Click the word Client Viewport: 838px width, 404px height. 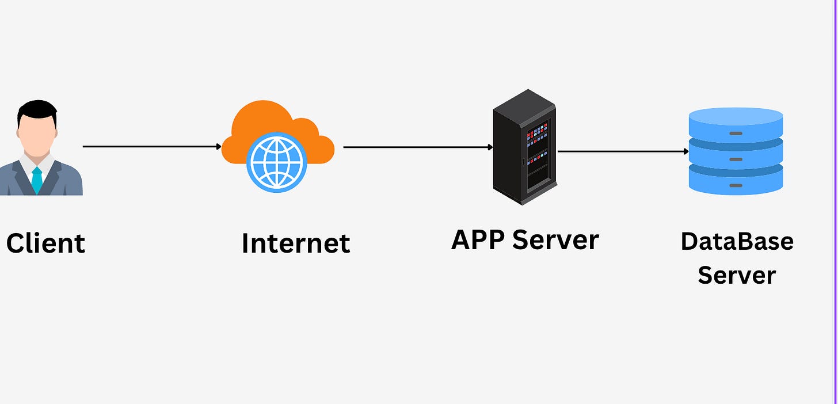(45, 243)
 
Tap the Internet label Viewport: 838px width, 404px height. (296, 243)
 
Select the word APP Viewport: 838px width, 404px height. (478, 239)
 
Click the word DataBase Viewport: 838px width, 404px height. (737, 241)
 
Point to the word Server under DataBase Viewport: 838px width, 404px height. (737, 275)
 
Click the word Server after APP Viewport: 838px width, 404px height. (555, 239)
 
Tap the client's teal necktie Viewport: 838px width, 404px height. (37, 180)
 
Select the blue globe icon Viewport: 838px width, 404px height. (276, 162)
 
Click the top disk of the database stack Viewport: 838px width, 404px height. (736, 122)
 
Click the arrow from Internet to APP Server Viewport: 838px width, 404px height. (417, 147)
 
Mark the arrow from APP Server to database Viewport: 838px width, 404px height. (622, 151)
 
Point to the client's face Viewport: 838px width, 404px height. (36, 135)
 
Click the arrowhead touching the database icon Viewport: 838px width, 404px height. (686, 151)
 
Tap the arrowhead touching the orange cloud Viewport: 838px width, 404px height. (219, 147)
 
